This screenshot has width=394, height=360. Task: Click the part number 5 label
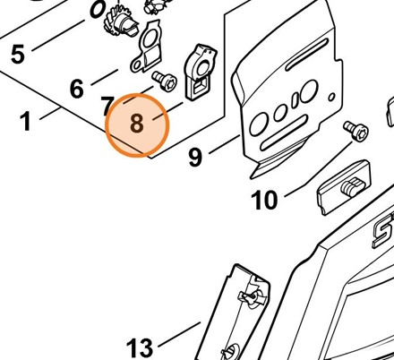point(18,55)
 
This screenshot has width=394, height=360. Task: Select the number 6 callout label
point(77,89)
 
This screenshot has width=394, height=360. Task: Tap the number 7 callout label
point(107,106)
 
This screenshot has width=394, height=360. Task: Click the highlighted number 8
point(137,124)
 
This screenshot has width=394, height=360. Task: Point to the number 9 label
point(195,158)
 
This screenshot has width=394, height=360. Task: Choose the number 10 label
point(264,201)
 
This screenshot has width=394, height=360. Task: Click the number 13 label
point(140,347)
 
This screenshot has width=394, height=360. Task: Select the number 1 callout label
point(26,121)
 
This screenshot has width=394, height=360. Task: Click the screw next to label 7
point(165,81)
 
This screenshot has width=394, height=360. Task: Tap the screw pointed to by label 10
point(355,130)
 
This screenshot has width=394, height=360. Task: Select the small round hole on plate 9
point(331,97)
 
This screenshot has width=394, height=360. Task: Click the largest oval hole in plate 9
point(309,90)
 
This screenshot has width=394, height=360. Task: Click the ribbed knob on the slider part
point(353,186)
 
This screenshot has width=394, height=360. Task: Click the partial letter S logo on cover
point(383,232)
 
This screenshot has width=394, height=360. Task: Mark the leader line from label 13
point(179,334)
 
